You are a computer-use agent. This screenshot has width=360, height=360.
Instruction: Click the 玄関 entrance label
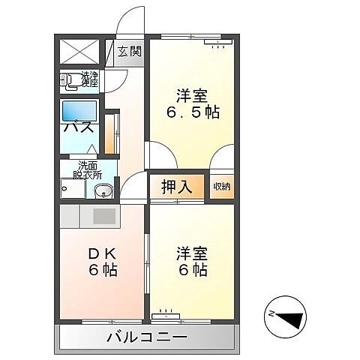[x=130, y=52]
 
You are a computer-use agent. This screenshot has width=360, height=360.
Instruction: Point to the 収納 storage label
[x=220, y=187]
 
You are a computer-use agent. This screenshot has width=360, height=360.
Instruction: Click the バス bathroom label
[x=78, y=127]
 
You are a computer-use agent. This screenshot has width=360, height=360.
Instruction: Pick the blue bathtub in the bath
[x=79, y=111]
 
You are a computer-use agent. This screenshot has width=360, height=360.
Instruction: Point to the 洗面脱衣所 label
[x=84, y=170]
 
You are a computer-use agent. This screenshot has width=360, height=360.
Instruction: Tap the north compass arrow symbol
[x=286, y=315]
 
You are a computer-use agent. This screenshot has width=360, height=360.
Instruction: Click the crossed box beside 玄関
[x=79, y=51]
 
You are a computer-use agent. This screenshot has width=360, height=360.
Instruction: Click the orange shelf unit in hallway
[x=111, y=132]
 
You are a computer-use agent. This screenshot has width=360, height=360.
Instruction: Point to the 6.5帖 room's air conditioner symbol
[x=218, y=44]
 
